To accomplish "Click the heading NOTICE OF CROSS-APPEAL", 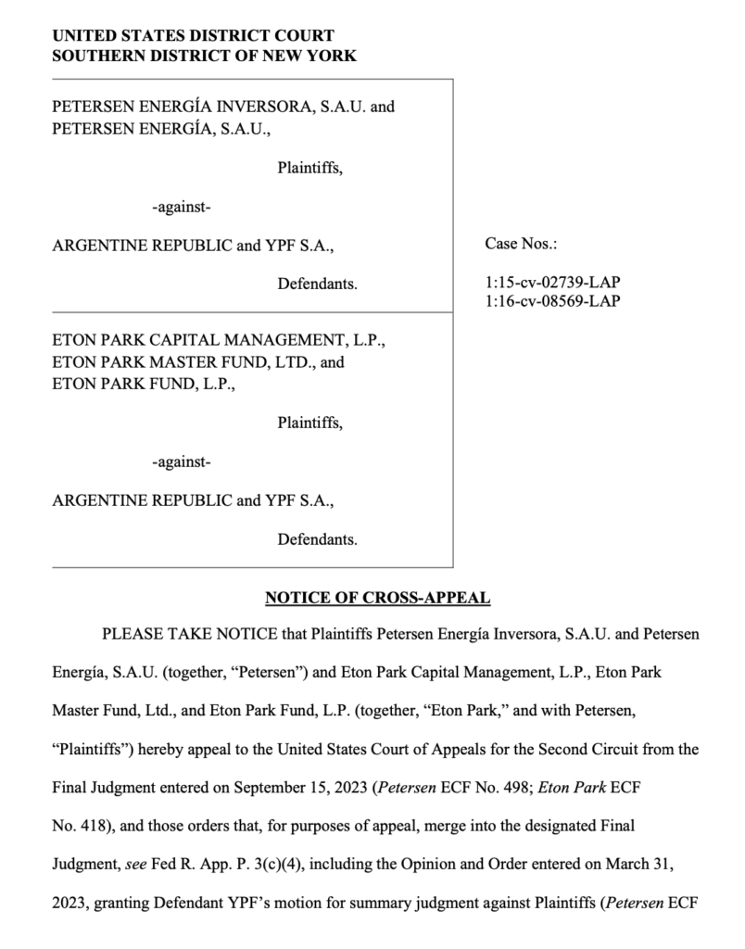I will pyautogui.click(x=377, y=598).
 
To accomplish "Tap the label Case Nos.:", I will pyautogui.click(x=519, y=245).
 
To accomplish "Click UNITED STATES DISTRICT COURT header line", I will pyautogui.click(x=193, y=36).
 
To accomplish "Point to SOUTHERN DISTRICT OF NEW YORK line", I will pyautogui.click(x=204, y=56).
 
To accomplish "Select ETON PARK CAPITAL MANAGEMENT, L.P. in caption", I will pyautogui.click(x=218, y=340).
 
